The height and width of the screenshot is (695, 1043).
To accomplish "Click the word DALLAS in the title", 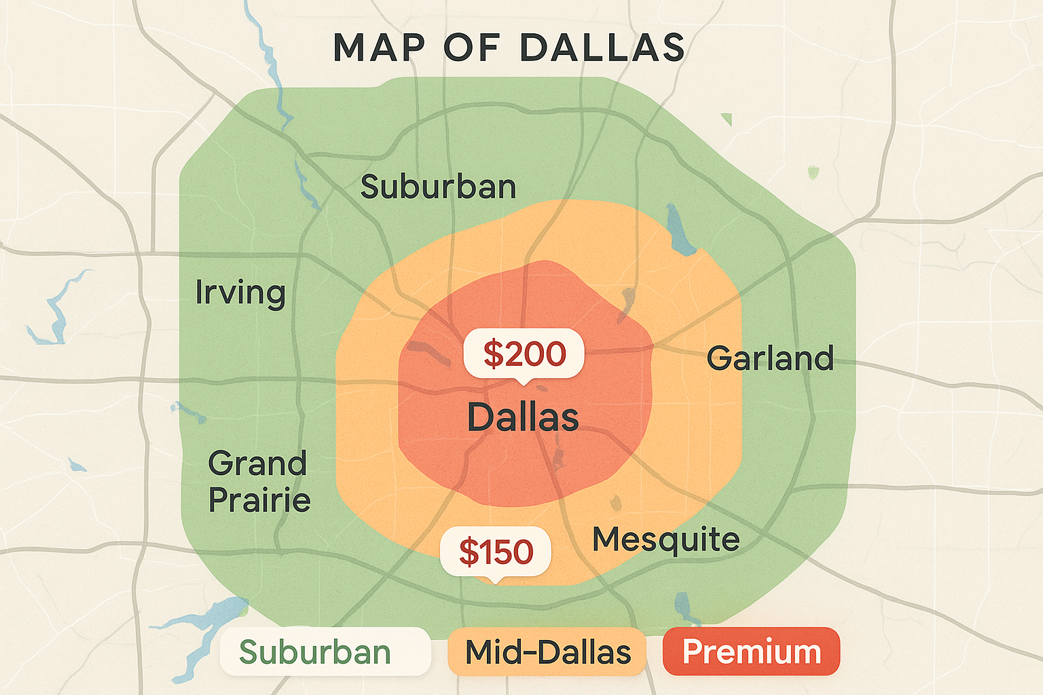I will (x=602, y=48).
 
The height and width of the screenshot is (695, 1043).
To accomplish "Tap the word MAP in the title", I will (x=379, y=48).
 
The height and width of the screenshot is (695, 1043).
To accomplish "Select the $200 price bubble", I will (x=524, y=354).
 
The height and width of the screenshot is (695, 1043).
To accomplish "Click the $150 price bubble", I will (x=496, y=551).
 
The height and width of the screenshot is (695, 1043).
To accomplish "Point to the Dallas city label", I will (x=523, y=417).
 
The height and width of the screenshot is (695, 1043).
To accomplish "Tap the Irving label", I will (x=240, y=293).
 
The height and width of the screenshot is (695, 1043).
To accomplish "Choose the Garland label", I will (x=770, y=358).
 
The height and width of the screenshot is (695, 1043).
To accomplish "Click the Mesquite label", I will (x=665, y=540).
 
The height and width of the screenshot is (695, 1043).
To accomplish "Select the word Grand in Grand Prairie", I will (x=257, y=464).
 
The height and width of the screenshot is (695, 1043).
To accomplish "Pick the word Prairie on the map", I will (x=259, y=500).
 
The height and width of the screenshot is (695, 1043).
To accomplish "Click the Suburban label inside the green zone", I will (x=438, y=187).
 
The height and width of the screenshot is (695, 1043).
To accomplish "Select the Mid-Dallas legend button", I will (x=547, y=652).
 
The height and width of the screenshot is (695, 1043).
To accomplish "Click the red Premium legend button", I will (x=751, y=652).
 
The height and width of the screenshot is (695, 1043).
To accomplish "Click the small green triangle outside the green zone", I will (x=727, y=120).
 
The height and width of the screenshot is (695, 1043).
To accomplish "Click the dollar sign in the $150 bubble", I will (x=469, y=551).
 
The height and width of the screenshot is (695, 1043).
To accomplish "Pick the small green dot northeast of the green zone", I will (x=813, y=172).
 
